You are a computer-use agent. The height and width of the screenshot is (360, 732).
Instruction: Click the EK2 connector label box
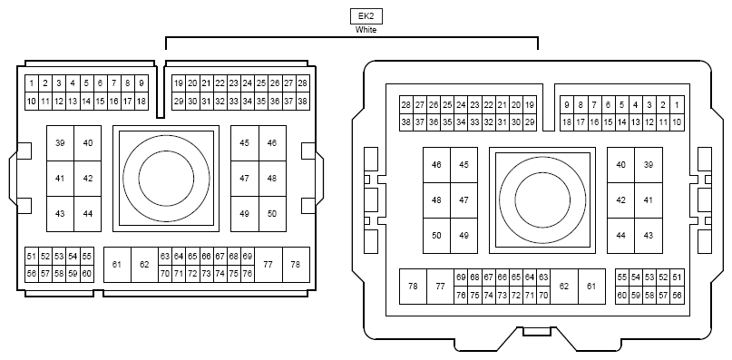click(366, 16)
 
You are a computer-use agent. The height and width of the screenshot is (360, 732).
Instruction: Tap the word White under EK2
click(366, 30)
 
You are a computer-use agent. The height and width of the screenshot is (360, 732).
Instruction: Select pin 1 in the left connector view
click(32, 83)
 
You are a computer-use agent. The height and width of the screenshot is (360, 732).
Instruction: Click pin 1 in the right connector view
click(677, 105)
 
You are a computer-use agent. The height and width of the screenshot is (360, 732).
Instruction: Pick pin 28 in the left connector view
click(303, 83)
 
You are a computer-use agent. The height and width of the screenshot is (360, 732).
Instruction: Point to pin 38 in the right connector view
click(406, 122)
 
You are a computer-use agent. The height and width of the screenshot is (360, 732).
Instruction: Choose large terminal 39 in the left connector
click(60, 143)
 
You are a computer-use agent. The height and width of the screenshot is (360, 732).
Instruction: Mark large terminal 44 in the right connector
click(621, 236)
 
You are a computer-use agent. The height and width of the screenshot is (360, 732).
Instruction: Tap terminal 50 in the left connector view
click(272, 214)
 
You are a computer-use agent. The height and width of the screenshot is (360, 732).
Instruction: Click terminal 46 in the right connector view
click(436, 165)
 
